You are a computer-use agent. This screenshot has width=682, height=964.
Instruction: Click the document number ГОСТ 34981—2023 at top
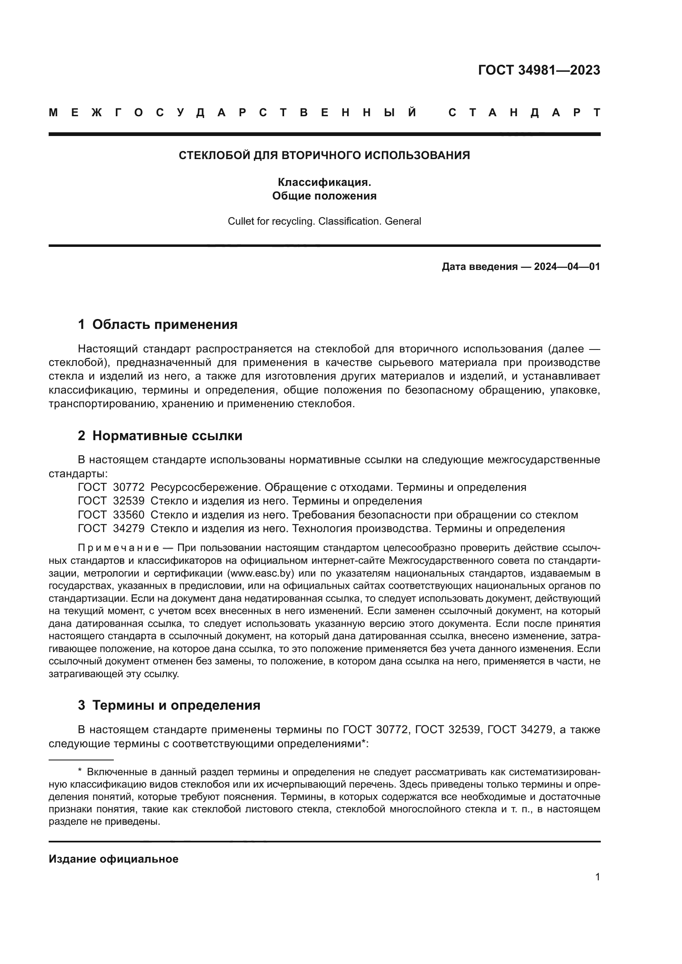click(539, 70)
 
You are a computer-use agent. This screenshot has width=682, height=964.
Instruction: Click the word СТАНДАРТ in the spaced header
click(524, 113)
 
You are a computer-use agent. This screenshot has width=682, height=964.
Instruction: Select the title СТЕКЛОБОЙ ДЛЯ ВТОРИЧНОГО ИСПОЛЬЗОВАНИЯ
click(324, 155)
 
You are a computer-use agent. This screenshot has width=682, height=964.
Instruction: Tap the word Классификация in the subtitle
click(323, 182)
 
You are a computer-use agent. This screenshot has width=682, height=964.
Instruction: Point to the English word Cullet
click(239, 221)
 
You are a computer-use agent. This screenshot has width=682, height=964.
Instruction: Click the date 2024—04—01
click(567, 267)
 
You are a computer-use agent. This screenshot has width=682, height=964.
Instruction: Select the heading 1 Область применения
click(158, 324)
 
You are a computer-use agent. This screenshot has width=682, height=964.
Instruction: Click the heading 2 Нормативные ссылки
click(160, 435)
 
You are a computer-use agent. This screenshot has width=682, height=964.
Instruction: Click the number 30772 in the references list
click(129, 487)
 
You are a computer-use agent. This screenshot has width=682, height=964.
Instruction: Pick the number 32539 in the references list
click(129, 500)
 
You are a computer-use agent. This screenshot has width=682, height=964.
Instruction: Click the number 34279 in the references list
click(129, 528)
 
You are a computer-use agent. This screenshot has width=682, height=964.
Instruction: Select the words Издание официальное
click(113, 859)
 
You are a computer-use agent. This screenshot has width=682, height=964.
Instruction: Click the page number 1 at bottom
click(597, 877)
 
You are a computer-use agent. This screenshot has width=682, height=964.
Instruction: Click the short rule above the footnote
click(81, 760)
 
